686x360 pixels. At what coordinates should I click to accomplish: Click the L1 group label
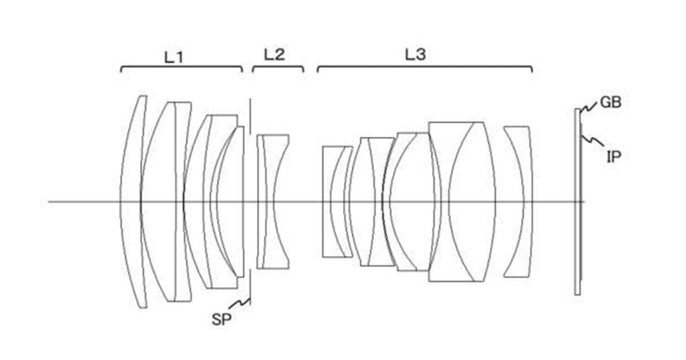point(174,57)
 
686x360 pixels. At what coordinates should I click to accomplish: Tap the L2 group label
point(274,55)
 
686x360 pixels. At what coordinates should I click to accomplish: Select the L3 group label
point(415,55)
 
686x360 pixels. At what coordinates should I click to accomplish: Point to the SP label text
point(221,320)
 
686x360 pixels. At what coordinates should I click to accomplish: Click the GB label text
point(611,102)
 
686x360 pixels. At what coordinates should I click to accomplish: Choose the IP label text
point(614,157)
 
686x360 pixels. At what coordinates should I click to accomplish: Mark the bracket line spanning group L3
point(425,66)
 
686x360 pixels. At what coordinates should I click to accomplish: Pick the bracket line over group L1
point(182,66)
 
